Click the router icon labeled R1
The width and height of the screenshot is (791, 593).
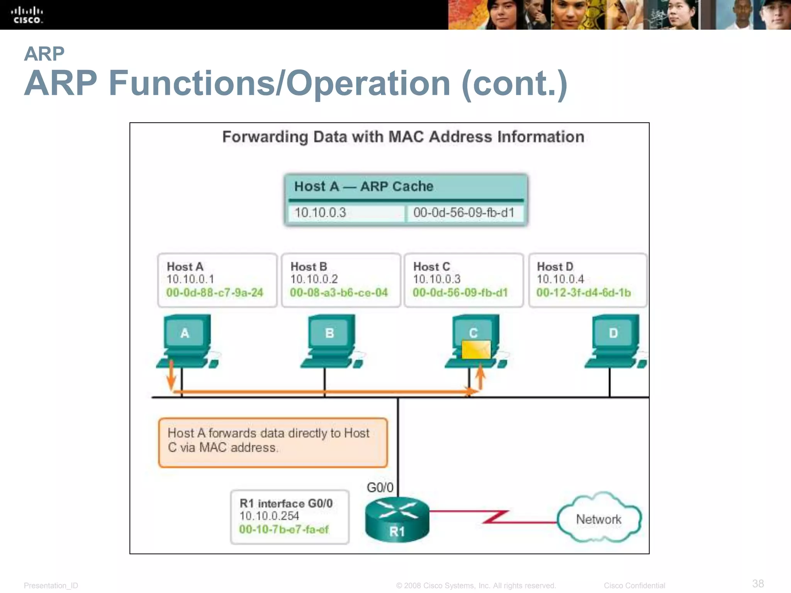point(397,519)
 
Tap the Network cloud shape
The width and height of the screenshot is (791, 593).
point(599,518)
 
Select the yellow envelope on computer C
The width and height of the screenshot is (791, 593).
point(476,349)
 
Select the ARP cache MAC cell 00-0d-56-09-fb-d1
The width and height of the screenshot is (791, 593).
point(464,213)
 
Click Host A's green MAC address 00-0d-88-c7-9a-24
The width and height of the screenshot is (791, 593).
point(215,293)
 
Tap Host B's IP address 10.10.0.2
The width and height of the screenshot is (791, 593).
point(314,279)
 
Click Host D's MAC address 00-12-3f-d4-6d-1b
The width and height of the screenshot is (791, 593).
point(584,293)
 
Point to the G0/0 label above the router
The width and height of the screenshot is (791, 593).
point(380,488)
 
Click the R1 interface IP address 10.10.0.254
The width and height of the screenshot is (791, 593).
point(269,516)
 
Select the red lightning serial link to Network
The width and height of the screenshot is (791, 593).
point(495,517)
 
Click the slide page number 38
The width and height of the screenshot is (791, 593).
point(758,583)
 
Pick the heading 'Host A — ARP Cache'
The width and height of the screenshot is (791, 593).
point(363,186)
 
